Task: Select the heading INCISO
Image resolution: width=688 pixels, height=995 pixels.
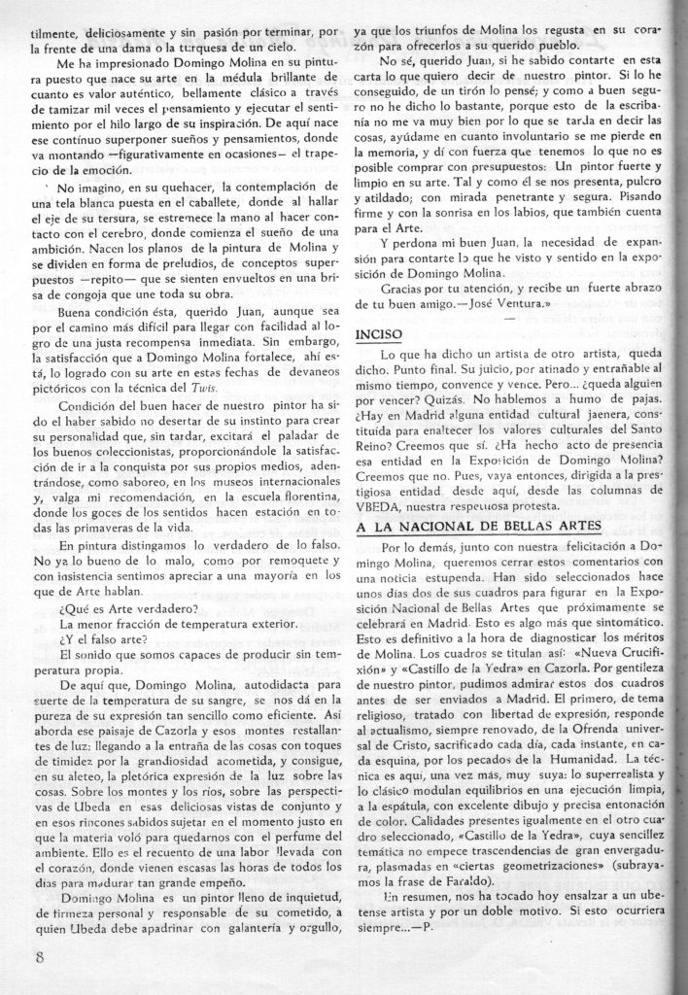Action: pos(379,333)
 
